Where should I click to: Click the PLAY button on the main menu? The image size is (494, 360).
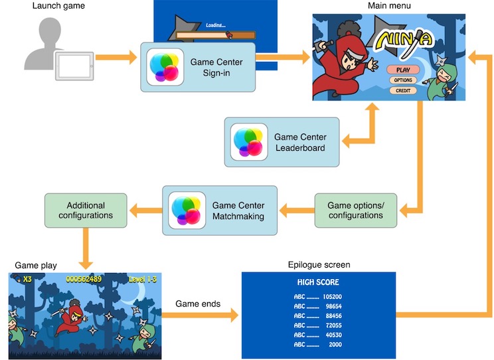click(403, 69)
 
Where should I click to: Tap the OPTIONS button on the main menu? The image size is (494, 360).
click(403, 80)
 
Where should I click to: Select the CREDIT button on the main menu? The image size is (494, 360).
click(403, 90)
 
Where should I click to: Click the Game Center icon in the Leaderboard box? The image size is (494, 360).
click(249, 142)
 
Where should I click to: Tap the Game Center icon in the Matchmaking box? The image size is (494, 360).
click(187, 211)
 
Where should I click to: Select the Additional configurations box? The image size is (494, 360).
click(86, 211)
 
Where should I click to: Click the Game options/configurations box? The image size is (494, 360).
click(355, 211)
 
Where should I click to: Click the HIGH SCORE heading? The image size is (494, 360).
click(318, 282)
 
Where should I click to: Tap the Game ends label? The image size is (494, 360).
click(198, 304)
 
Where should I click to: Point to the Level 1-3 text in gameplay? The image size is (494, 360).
click(142, 279)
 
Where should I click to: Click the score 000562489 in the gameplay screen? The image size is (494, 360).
click(84, 279)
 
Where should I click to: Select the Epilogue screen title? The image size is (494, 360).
click(318, 265)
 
